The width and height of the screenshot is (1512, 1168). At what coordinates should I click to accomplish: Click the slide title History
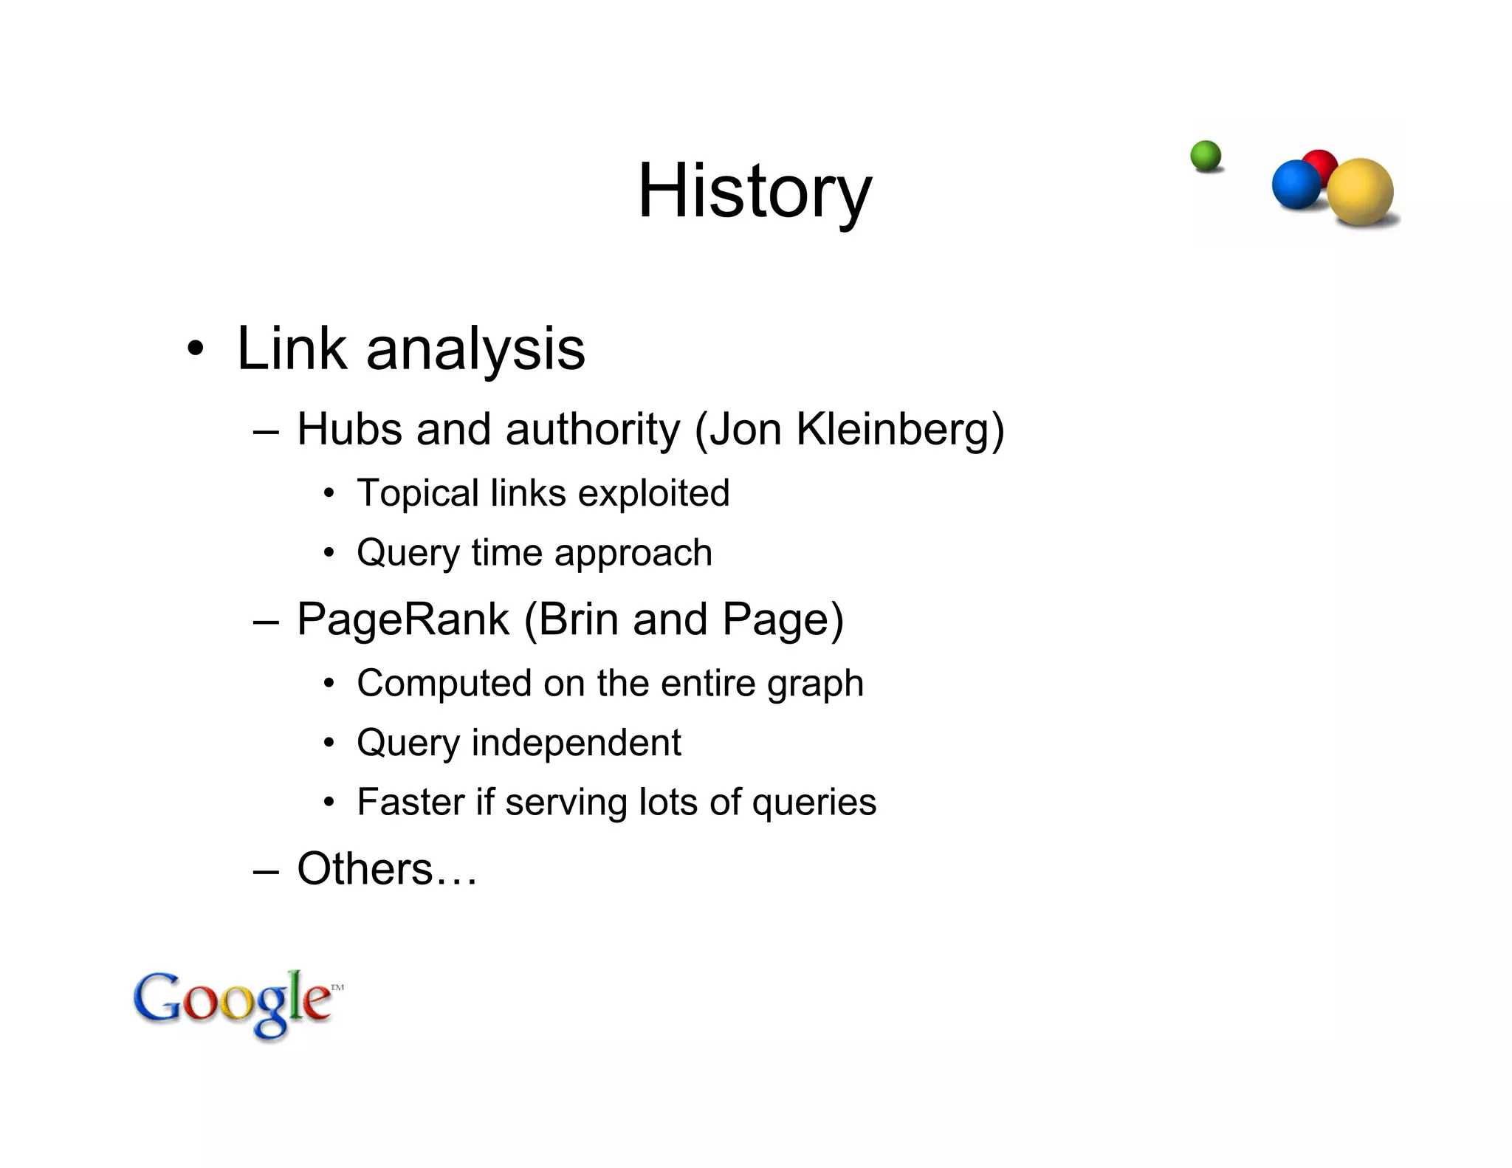coord(755,192)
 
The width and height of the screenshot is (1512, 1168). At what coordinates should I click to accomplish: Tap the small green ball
coord(1206,157)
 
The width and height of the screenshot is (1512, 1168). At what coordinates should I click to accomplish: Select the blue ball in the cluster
coord(1296,185)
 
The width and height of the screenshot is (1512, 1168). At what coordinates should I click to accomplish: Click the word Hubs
coord(349,429)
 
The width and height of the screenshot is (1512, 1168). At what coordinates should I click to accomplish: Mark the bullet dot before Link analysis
coord(195,348)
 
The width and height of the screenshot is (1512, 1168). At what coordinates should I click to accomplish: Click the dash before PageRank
coord(265,621)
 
